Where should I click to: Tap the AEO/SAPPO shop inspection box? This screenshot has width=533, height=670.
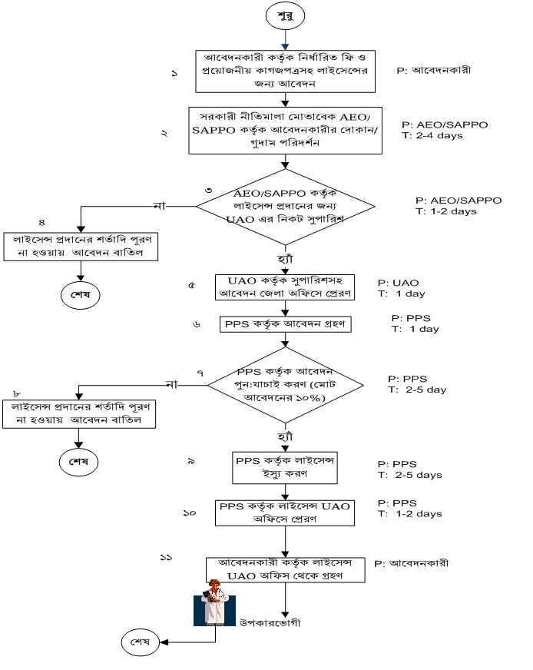click(286, 129)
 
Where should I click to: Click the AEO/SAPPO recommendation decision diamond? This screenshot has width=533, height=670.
click(286, 205)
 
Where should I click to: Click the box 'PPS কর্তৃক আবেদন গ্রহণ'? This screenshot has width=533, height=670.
click(286, 324)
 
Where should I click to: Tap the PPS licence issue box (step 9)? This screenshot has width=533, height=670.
click(284, 467)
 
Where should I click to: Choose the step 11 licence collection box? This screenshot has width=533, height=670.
click(286, 569)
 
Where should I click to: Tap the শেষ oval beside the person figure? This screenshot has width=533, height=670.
click(141, 641)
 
